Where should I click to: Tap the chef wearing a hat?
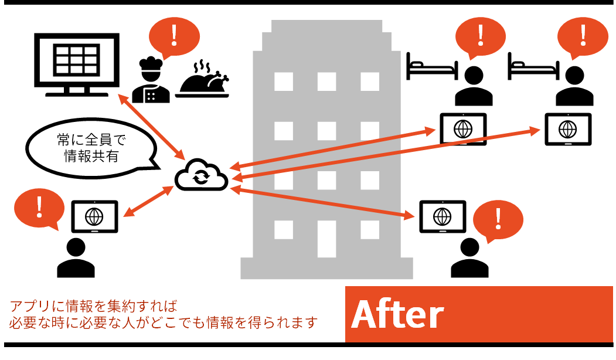(151, 80)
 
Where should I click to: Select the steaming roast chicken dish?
(203, 79)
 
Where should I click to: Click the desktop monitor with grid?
(77, 64)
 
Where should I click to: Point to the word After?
(397, 315)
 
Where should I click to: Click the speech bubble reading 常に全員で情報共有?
(93, 148)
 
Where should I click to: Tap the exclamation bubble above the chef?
(174, 38)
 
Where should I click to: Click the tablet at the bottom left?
(94, 216)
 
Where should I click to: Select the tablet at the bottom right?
(443, 216)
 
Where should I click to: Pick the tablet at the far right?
(568, 130)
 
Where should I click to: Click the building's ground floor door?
(326, 239)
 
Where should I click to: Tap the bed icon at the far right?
(533, 67)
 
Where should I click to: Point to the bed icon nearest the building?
(432, 67)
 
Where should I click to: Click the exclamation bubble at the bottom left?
(39, 209)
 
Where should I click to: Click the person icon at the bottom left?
(76, 257)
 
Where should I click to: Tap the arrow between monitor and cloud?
(152, 127)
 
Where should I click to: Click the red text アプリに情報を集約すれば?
(94, 306)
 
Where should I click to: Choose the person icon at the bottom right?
(469, 257)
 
